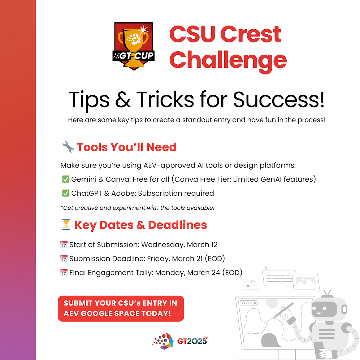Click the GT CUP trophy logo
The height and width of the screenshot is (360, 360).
pyautogui.click(x=133, y=46)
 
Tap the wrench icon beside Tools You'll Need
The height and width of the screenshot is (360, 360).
pyautogui.click(x=68, y=147)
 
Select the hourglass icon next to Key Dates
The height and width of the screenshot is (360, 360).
pyautogui.click(x=66, y=225)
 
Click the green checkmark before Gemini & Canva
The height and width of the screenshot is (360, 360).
pyautogui.click(x=66, y=179)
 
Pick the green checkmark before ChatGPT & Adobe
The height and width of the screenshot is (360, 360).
pyautogui.click(x=66, y=193)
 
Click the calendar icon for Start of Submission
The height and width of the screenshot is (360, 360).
pyautogui.click(x=64, y=244)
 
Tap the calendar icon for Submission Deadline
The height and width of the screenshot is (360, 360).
pyautogui.click(x=64, y=258)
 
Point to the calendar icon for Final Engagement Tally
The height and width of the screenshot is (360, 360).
pyautogui.click(x=64, y=272)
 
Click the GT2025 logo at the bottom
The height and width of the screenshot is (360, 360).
pyautogui.click(x=179, y=341)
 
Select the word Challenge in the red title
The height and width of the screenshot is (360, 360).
pyautogui.click(x=228, y=60)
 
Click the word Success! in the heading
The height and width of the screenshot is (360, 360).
pyautogui.click(x=279, y=100)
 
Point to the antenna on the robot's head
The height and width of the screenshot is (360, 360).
pyautogui.click(x=327, y=294)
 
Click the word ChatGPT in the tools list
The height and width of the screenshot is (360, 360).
pyautogui.click(x=87, y=193)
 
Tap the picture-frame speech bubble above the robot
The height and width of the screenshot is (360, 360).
pyautogui.click(x=306, y=282)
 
